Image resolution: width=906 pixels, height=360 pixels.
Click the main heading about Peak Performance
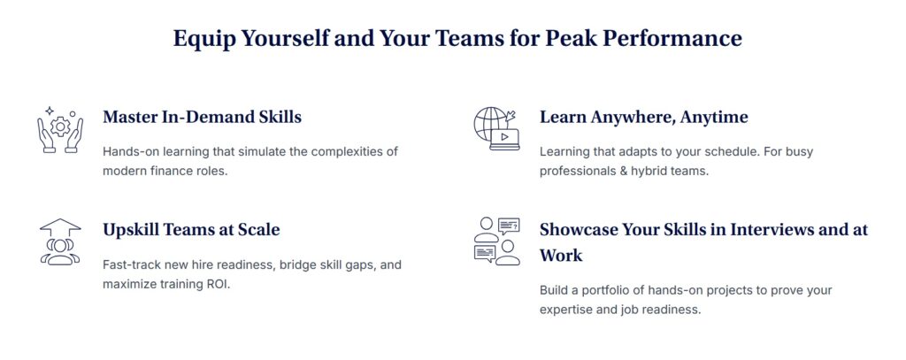click(x=457, y=39)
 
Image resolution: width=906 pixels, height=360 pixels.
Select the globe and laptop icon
click(x=496, y=129)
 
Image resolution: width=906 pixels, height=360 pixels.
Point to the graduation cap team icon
click(x=60, y=241)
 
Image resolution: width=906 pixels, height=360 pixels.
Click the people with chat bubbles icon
click(x=497, y=241)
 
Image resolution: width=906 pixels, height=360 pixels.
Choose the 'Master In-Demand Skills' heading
click(x=203, y=118)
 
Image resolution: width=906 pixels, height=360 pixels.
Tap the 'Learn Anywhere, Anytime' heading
click(x=644, y=118)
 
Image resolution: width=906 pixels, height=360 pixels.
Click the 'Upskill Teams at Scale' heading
click(x=191, y=230)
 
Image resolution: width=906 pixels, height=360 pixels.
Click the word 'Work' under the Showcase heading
click(x=561, y=256)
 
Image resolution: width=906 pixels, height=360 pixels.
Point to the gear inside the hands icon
click(x=60, y=126)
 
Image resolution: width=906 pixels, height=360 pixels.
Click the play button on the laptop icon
click(x=504, y=137)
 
